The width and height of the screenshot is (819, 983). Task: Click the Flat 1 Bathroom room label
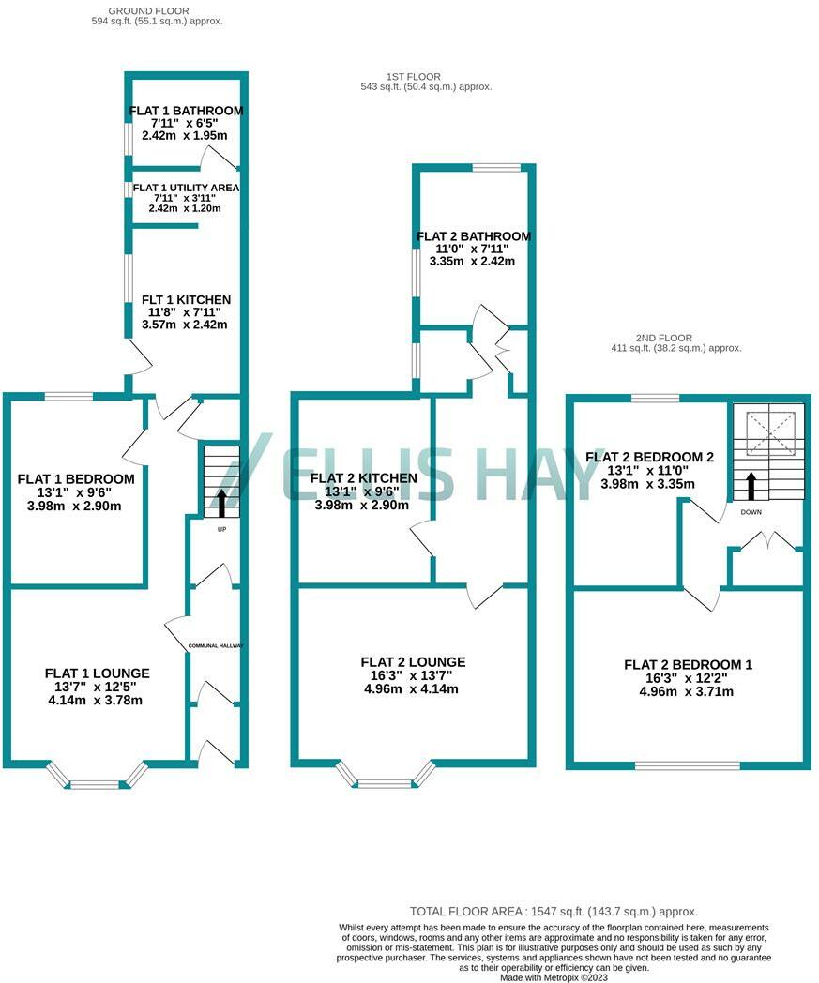[186, 111]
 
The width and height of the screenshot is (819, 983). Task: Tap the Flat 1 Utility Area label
[186, 188]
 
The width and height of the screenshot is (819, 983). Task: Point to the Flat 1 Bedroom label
[76, 479]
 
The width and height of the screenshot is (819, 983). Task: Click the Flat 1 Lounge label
[98, 673]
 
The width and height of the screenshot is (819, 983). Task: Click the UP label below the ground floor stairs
[221, 529]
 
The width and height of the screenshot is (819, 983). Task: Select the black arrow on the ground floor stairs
[221, 502]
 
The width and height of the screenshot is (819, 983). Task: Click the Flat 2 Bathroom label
[474, 236]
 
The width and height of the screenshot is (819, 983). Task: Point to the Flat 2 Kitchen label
[364, 478]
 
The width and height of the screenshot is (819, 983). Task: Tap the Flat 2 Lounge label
[412, 662]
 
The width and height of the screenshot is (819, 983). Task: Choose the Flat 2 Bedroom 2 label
[650, 457]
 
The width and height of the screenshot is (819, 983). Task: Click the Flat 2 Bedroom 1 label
[689, 665]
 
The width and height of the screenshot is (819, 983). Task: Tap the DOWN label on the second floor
[751, 513]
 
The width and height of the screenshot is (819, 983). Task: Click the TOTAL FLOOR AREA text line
[554, 912]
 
